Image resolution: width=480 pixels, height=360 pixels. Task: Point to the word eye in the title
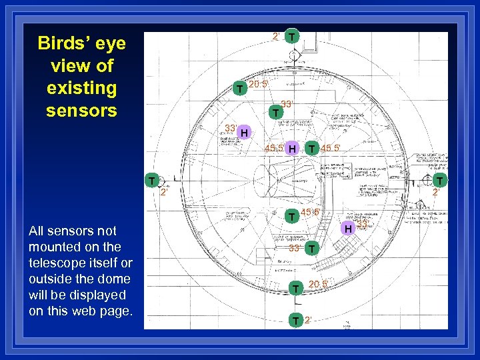click(109, 44)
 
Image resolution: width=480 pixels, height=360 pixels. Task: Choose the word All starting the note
click(37, 231)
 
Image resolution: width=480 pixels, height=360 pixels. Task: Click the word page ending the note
click(117, 311)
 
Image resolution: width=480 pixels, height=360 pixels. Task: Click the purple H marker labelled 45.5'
click(291, 148)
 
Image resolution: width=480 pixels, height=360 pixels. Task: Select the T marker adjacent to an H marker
click(311, 148)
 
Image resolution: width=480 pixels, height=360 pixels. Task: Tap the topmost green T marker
click(292, 36)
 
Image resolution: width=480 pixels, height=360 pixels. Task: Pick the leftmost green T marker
click(153, 181)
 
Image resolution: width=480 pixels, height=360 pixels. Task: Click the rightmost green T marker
click(441, 180)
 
